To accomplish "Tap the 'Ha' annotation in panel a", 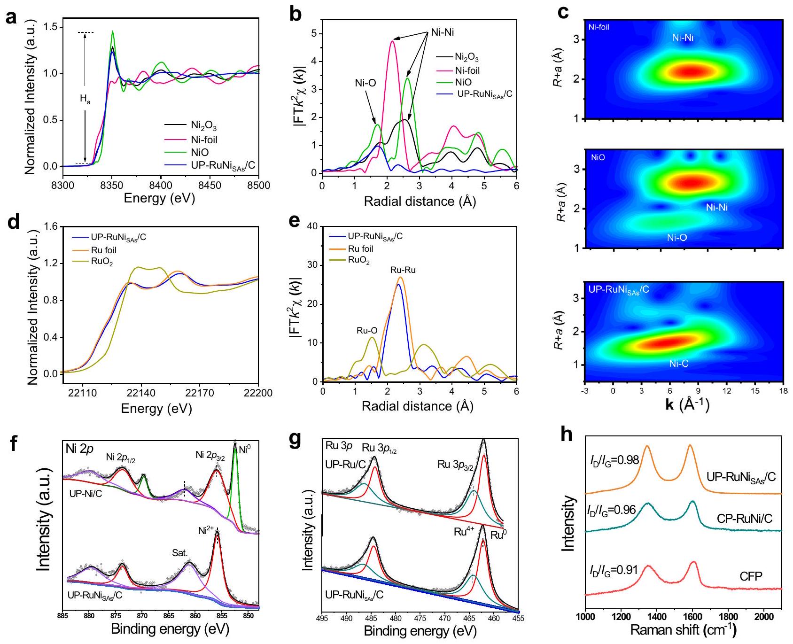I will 85,99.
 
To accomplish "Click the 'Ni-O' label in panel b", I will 365,83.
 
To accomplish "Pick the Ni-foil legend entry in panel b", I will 467,70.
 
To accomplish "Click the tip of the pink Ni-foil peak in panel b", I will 392,41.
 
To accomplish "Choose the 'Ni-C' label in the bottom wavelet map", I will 678,363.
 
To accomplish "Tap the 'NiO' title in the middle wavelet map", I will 598,157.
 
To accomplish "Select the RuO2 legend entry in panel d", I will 102,262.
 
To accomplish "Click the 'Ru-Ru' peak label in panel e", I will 403,270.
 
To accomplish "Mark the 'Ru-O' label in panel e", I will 367,331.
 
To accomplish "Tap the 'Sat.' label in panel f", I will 179,553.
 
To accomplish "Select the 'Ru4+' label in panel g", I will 464,532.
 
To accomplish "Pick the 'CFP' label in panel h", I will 751,576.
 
